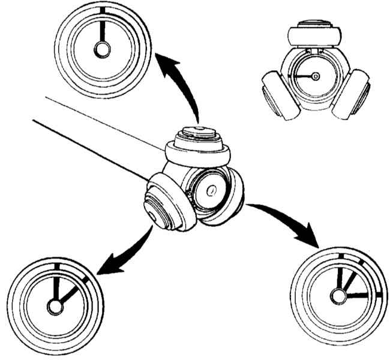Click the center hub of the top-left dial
[x=103, y=52]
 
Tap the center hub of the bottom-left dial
[x=56, y=307]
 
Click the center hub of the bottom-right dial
[x=339, y=295]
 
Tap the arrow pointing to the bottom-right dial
[x=288, y=219]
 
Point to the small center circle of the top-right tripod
[x=316, y=76]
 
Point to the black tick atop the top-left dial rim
[x=103, y=10]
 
